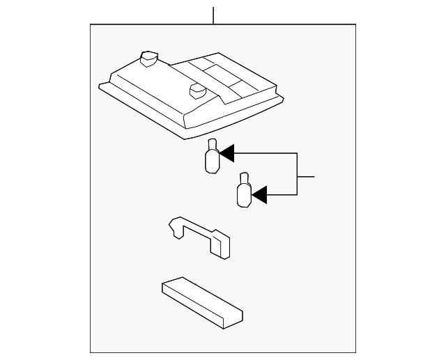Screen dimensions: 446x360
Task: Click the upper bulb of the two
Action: pyautogui.click(x=211, y=157)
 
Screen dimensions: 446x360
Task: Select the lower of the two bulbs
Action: pyautogui.click(x=244, y=191)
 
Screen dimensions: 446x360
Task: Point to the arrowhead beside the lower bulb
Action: pyautogui.click(x=259, y=196)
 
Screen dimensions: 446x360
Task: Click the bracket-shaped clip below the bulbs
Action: pyautogui.click(x=201, y=237)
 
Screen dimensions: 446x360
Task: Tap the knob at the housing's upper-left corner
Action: pyautogui.click(x=148, y=58)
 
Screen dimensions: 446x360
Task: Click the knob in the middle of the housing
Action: pyautogui.click(x=195, y=91)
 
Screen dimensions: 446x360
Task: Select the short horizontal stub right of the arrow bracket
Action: pyautogui.click(x=307, y=178)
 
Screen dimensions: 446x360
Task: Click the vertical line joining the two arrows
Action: pyautogui.click(x=298, y=174)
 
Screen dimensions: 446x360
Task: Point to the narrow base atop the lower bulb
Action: pyautogui.click(x=243, y=178)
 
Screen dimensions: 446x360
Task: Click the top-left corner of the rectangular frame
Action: pyautogui.click(x=91, y=25)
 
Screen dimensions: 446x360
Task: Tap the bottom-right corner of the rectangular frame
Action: pyautogui.click(x=355, y=352)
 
